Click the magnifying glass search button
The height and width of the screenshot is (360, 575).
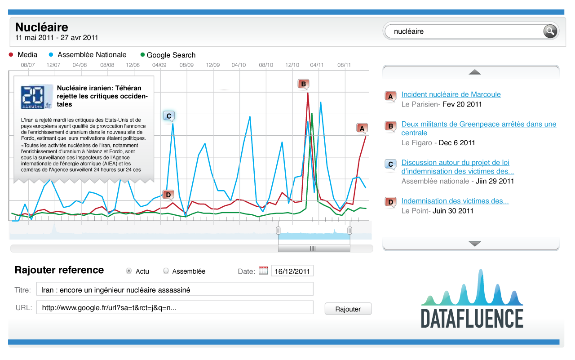pos(550,31)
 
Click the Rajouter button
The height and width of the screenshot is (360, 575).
pos(348,309)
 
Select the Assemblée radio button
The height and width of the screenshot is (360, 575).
pos(166,271)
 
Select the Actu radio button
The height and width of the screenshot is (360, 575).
pos(129,271)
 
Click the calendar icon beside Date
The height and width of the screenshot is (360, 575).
pos(263,271)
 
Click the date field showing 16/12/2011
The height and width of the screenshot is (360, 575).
pos(292,271)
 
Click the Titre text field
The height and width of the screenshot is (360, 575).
pos(175,289)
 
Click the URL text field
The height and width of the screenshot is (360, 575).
pos(175,307)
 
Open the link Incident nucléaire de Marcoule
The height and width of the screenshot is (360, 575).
pos(451,94)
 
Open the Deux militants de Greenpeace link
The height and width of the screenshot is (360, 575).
pos(479,129)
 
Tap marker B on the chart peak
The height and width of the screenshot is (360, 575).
pos(303,84)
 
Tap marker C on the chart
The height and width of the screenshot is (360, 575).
pos(169,116)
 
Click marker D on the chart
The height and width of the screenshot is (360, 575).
pos(168,195)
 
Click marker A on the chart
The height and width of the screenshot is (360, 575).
pos(362,129)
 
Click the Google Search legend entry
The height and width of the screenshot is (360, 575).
pos(168,55)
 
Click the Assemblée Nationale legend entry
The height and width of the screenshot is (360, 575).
pos(88,55)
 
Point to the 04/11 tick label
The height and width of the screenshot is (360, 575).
pos(317,65)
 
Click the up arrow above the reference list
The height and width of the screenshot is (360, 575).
pos(475,72)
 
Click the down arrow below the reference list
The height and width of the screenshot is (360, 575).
pos(475,244)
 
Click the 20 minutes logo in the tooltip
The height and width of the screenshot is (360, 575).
pos(36,97)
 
